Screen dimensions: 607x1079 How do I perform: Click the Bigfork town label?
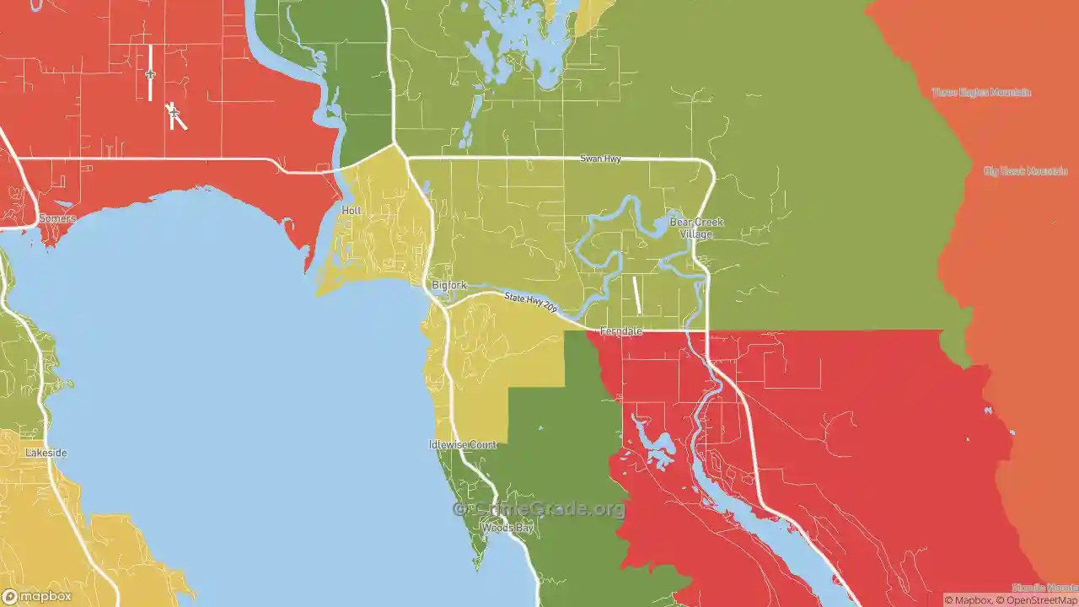click(x=448, y=285)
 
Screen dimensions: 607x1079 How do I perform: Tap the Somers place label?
click(x=57, y=218)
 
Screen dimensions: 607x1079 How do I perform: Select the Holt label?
click(x=352, y=210)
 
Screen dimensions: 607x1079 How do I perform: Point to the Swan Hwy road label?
click(x=600, y=158)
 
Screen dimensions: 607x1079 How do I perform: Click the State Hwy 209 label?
click(x=531, y=303)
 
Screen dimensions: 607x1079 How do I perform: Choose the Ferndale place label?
click(x=621, y=331)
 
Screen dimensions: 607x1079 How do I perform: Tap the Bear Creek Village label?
click(x=696, y=228)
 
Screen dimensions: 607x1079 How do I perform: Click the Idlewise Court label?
click(x=463, y=444)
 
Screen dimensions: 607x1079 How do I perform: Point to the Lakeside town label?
click(x=46, y=453)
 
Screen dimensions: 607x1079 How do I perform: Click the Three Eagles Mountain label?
click(x=981, y=92)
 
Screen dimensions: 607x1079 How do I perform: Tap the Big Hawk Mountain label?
click(x=1025, y=171)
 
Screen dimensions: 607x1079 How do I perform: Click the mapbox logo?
click(x=37, y=596)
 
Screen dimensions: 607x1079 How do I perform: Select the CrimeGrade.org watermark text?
click(x=539, y=509)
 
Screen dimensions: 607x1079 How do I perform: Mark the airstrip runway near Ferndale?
click(x=636, y=295)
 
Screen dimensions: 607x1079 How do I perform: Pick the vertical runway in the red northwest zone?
click(x=150, y=73)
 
